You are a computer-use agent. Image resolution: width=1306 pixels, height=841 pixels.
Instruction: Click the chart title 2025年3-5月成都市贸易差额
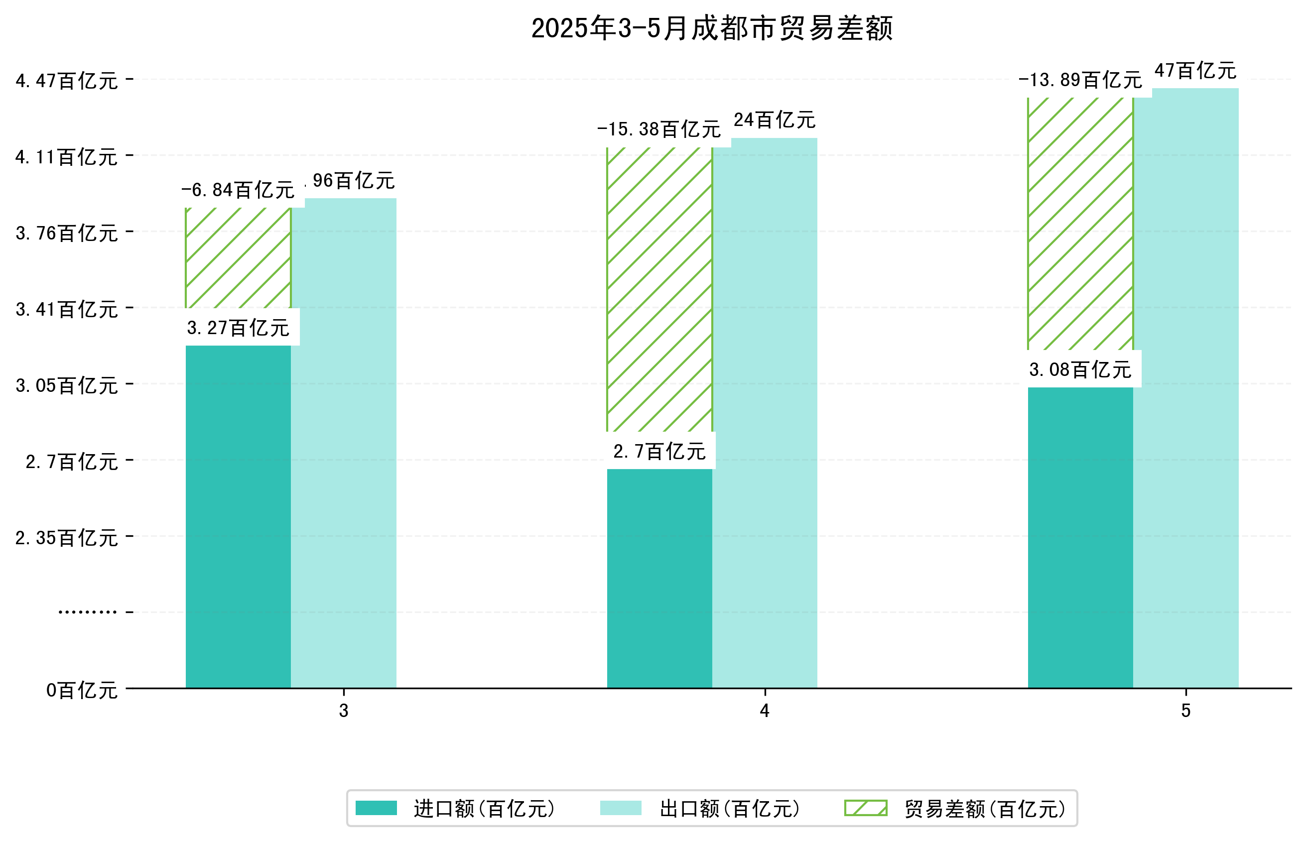tap(711, 28)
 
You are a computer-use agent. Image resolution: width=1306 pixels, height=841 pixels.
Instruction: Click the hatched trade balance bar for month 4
tap(659, 289)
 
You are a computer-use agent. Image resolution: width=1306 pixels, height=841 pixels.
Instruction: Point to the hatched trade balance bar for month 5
tap(1080, 224)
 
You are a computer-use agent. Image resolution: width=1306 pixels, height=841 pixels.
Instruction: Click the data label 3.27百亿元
tap(238, 328)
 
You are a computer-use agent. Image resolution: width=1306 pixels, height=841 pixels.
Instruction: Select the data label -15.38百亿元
tap(659, 129)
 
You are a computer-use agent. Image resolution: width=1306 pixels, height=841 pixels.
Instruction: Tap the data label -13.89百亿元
tap(1080, 80)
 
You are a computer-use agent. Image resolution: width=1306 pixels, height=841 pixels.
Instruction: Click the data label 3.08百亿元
tap(1080, 370)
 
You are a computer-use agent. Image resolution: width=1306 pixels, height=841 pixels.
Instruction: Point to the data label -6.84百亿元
tap(238, 190)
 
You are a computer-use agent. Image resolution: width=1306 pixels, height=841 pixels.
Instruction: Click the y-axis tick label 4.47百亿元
tap(67, 81)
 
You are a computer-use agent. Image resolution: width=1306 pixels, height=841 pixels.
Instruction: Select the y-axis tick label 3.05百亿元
tap(67, 385)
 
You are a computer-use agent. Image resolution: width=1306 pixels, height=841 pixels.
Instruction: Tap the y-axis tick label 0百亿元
tap(82, 690)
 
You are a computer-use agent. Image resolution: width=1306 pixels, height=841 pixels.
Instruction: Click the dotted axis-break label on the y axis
tap(87, 612)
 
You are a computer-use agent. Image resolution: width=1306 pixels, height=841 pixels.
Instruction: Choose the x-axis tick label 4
tap(764, 711)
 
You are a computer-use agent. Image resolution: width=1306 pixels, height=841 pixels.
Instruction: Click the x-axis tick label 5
tap(1185, 711)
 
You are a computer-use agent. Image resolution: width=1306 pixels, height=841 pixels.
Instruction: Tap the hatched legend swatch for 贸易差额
tap(865, 808)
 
